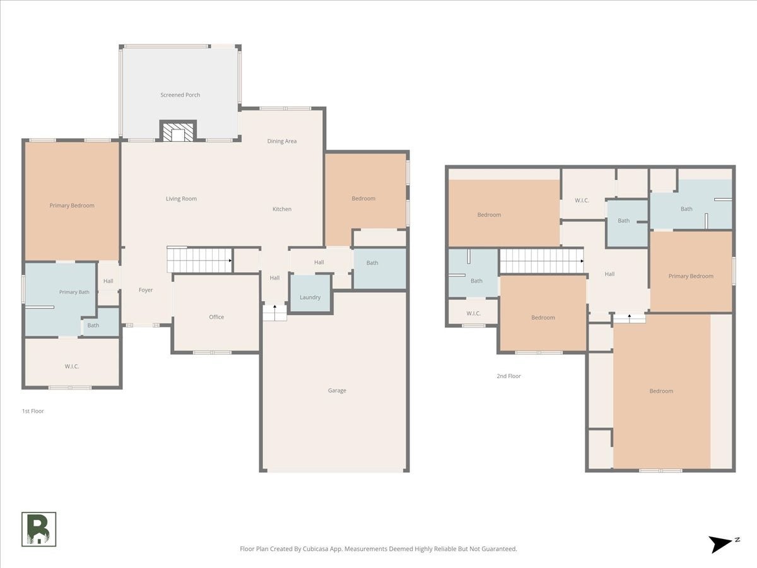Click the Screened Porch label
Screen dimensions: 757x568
(180, 95)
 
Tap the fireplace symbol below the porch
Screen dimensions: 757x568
(178, 131)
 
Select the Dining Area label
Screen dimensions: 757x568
(282, 141)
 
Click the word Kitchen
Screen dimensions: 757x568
(282, 209)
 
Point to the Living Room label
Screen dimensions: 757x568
(181, 199)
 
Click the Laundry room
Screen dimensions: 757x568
(310, 293)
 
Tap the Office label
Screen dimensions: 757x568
(216, 317)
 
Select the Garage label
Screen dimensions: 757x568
(337, 391)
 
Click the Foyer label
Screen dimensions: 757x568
(146, 290)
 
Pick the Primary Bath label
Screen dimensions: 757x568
(74, 292)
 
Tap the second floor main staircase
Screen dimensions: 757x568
(541, 261)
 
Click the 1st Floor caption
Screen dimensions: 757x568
(33, 411)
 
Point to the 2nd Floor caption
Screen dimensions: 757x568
(508, 376)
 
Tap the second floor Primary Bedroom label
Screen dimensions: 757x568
(691, 276)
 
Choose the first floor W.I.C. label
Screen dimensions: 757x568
(72, 366)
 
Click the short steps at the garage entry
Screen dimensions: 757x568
(274, 313)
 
